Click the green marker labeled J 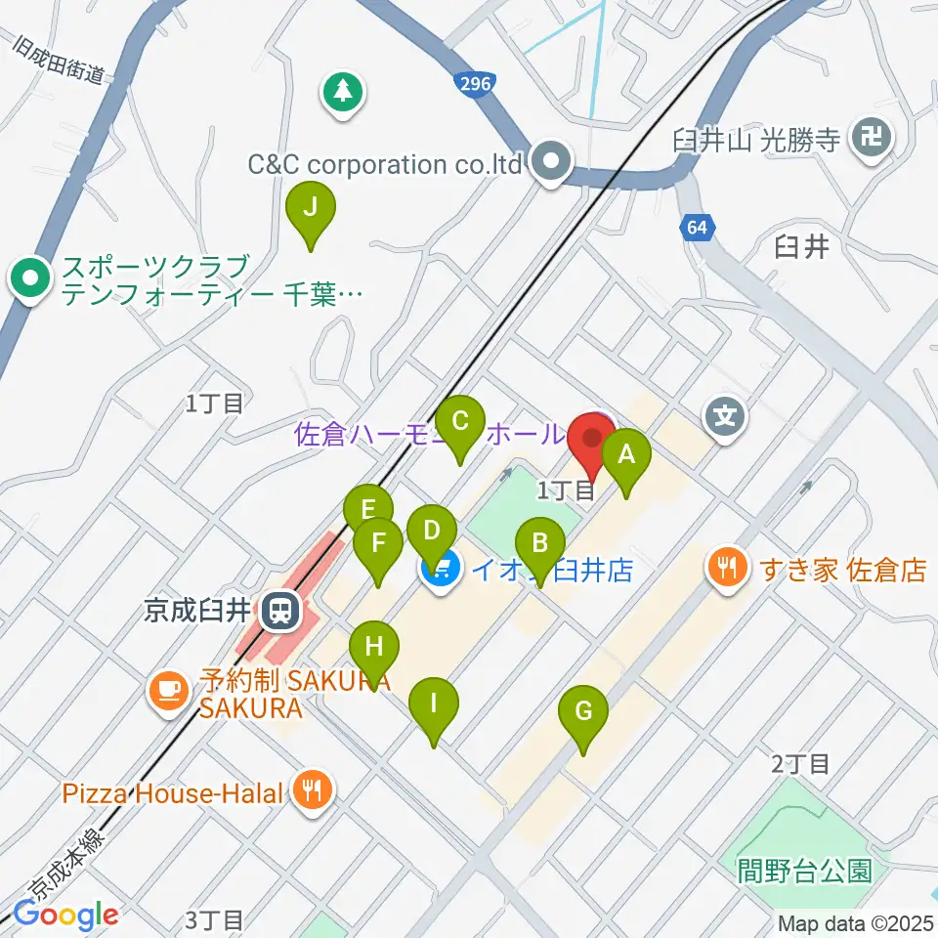[x=311, y=208]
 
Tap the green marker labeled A [x=626, y=454]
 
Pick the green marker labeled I [x=434, y=703]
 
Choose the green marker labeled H [x=374, y=647]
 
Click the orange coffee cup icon [x=168, y=689]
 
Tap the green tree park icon [x=342, y=93]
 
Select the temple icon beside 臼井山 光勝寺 [x=870, y=138]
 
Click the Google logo [x=66, y=916]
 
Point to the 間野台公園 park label [x=805, y=869]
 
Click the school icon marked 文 [x=725, y=417]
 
